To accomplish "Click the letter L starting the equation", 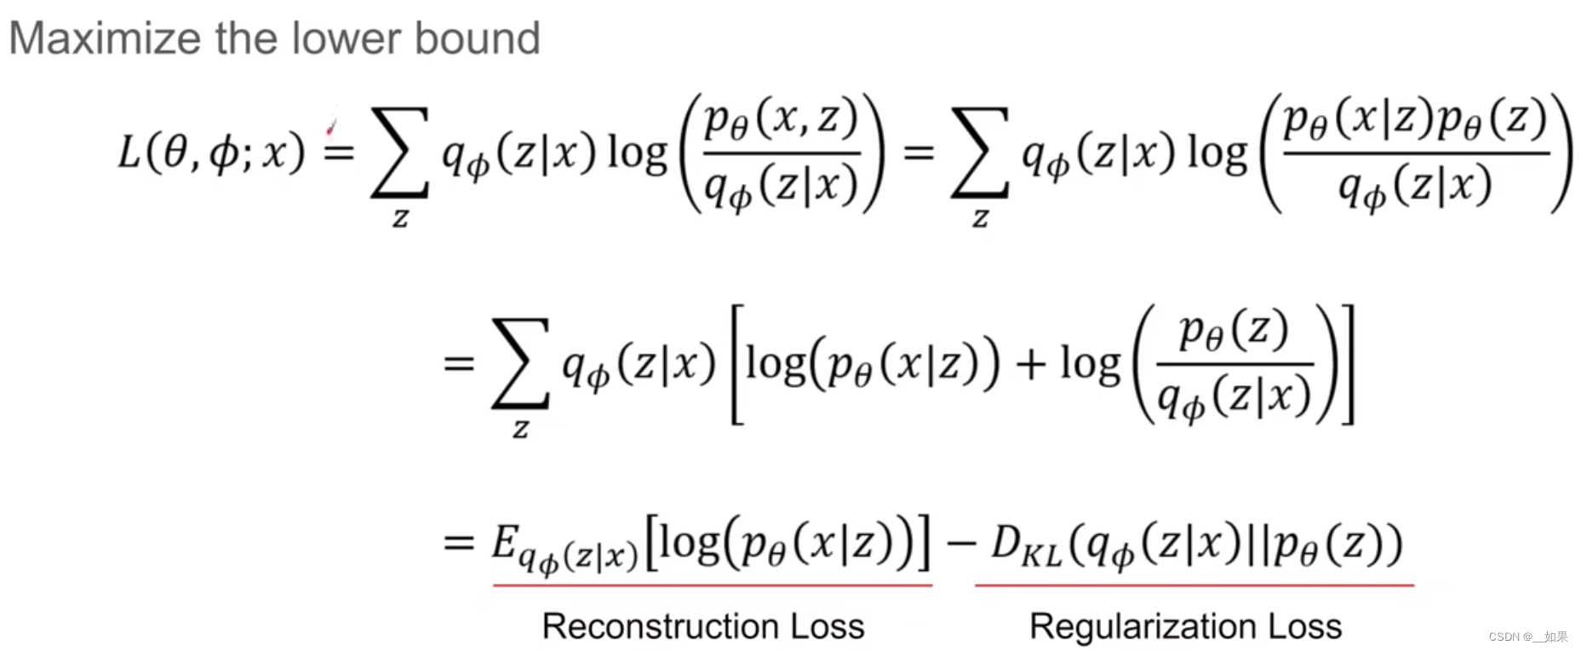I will point(129,153).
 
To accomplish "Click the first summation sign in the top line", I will point(399,153).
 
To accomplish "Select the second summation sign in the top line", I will point(980,153).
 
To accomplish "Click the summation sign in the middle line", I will point(520,364).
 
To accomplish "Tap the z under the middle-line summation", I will point(520,428).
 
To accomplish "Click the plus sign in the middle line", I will point(1030,365).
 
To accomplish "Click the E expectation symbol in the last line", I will point(505,543).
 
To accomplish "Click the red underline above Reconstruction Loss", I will point(712,585).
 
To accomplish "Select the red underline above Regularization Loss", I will point(1194,585).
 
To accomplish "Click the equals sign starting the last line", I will point(459,542).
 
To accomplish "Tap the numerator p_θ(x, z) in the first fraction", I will point(781,119).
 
